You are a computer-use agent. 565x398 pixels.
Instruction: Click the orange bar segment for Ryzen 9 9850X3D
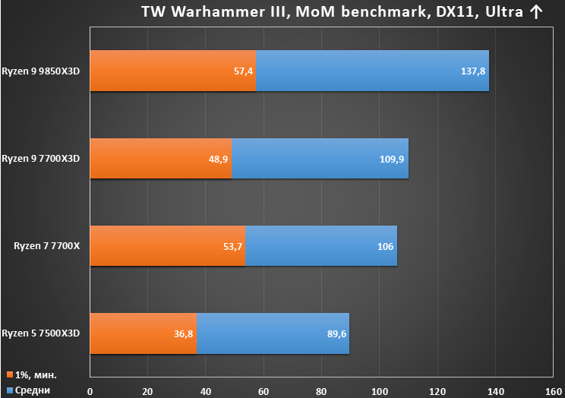click(173, 71)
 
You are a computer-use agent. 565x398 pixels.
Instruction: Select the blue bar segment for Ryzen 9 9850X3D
click(373, 71)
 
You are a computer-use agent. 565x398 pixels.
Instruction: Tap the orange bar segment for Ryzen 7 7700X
click(168, 246)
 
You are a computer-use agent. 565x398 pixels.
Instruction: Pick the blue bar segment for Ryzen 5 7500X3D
click(273, 333)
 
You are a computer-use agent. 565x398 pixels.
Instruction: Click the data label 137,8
click(473, 71)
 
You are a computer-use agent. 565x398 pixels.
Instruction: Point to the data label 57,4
click(243, 71)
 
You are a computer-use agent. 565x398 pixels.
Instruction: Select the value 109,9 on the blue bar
click(392, 159)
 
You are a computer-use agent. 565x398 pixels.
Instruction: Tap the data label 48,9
click(219, 159)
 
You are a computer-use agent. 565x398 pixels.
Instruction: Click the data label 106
click(385, 247)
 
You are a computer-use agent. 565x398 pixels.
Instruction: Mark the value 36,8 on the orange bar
click(184, 334)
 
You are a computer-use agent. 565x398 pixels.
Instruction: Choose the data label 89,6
click(336, 334)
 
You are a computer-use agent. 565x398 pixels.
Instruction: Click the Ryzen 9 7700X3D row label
click(41, 159)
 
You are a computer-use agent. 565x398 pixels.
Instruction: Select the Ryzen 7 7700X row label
click(47, 246)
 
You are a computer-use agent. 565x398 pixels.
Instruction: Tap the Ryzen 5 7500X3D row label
click(41, 333)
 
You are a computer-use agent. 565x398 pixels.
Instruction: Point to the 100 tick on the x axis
click(380, 391)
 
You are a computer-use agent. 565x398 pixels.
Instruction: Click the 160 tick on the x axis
click(554, 391)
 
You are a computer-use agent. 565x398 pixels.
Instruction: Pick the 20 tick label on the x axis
click(147, 391)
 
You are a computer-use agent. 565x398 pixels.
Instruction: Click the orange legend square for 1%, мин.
click(10, 374)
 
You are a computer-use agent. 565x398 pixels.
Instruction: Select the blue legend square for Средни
click(10, 390)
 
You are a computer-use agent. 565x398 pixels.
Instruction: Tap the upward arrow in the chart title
click(536, 12)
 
